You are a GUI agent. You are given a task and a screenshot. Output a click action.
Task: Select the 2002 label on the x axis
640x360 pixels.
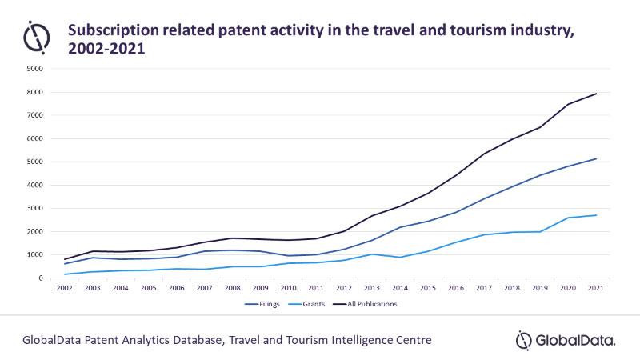(66, 288)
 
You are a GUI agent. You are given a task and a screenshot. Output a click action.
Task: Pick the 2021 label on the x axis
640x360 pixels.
(596, 288)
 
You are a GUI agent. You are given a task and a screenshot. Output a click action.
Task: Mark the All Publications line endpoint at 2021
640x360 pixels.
(596, 94)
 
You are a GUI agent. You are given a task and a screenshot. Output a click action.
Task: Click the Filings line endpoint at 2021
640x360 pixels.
(596, 158)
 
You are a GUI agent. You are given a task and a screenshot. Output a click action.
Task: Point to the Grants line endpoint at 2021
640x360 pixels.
(596, 215)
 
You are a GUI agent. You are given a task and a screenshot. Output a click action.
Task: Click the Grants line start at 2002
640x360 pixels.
(66, 274)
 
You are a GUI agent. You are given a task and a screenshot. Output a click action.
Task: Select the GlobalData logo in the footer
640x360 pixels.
(566, 340)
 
